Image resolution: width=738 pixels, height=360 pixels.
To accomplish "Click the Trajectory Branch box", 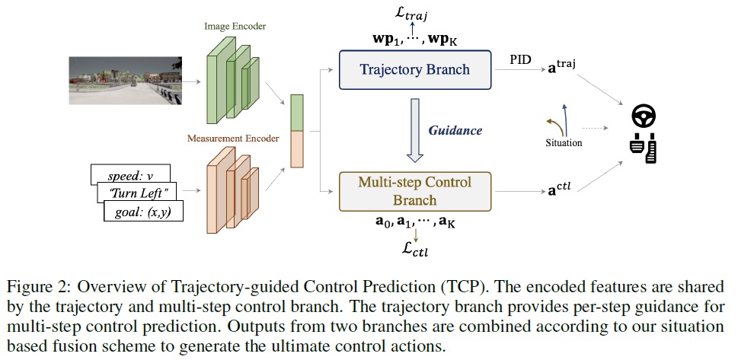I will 415,70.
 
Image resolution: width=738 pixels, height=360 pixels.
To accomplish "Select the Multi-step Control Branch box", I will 415,191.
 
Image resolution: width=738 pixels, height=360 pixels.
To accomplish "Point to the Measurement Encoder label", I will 232,139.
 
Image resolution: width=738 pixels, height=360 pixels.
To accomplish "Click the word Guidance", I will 456,130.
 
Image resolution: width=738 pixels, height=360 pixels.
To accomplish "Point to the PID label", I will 522,58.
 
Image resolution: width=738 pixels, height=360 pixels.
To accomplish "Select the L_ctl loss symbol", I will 415,249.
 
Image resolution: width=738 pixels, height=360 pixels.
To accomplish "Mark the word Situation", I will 564,142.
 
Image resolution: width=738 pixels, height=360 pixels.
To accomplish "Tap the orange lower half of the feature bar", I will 297,148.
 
